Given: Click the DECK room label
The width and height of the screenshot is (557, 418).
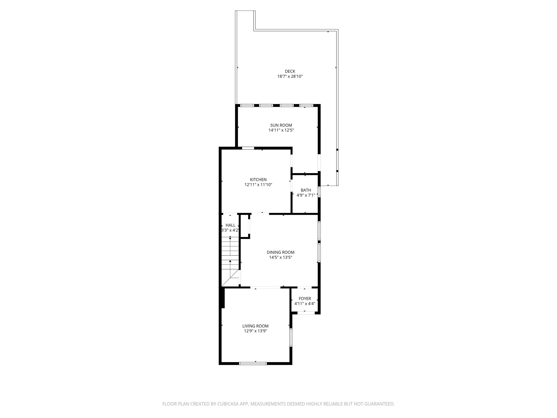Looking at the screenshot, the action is [x=290, y=71].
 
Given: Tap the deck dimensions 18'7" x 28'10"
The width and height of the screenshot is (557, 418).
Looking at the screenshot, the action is [x=290, y=76].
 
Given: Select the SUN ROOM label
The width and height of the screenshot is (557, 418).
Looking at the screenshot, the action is [x=281, y=125].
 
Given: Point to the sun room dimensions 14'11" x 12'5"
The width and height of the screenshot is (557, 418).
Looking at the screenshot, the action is [x=281, y=130].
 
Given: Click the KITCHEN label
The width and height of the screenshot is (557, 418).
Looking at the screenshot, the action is [x=258, y=180].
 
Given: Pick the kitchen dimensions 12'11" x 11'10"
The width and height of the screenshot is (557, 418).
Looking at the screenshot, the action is [x=258, y=185].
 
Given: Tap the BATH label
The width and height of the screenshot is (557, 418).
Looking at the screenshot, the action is [x=306, y=190].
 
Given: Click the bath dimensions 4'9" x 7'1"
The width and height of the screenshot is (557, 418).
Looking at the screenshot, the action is [x=306, y=195].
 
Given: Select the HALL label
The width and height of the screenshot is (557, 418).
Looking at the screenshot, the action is [x=230, y=225].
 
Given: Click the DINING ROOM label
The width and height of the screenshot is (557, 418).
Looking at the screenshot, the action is [x=280, y=252].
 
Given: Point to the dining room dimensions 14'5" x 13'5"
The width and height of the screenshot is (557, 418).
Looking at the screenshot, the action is [x=280, y=257].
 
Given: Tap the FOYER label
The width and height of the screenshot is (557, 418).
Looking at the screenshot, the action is [x=305, y=299].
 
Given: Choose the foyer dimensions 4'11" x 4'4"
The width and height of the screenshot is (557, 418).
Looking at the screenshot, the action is [x=305, y=304].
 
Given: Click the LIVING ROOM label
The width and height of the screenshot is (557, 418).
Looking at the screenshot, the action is [x=255, y=326].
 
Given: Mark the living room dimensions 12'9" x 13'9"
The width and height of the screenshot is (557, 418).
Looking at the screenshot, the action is [x=255, y=331].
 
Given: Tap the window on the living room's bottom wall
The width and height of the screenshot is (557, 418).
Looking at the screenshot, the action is [x=253, y=363].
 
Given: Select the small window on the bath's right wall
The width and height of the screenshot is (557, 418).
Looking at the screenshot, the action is [x=319, y=191].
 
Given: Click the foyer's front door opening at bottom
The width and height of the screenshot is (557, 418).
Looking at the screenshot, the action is [x=306, y=313].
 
